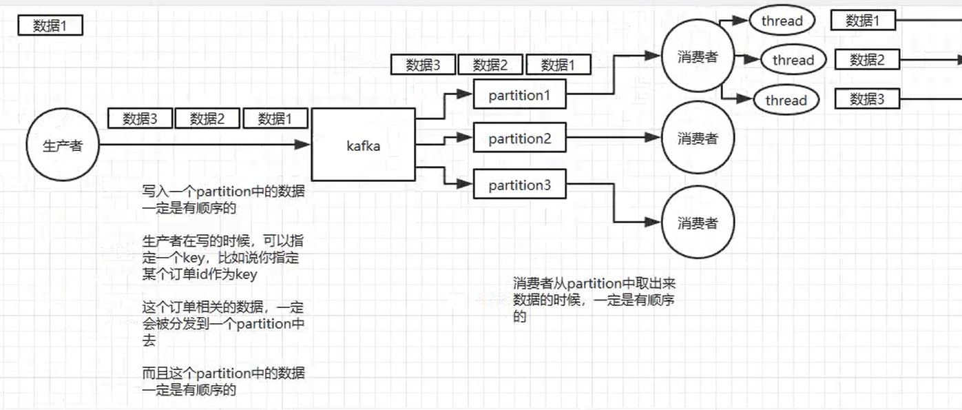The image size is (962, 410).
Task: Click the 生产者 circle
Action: click(63, 145)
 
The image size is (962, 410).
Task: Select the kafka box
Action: click(364, 145)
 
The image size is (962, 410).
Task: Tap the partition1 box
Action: click(519, 95)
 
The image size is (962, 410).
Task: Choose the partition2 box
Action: click(519, 139)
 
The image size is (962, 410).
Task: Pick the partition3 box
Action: click(519, 185)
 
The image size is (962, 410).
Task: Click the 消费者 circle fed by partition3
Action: click(698, 223)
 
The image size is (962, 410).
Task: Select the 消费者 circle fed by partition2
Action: click(698, 139)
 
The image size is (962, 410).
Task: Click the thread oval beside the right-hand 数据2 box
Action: click(793, 60)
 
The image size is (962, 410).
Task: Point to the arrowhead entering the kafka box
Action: click(303, 145)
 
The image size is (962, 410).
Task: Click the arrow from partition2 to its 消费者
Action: click(613, 139)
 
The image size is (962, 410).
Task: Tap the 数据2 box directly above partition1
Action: click(490, 65)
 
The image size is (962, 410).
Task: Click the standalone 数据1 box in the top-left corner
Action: click(50, 26)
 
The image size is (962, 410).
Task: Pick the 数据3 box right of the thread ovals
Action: click(867, 99)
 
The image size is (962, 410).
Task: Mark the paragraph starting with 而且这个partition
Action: click(223, 381)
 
